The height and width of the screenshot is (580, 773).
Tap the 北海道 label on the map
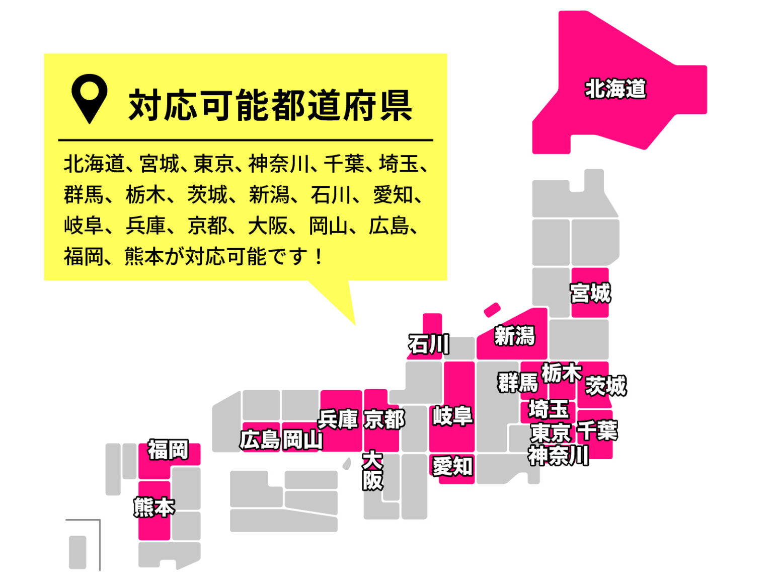coord(615,89)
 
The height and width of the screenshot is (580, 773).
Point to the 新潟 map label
coord(514,336)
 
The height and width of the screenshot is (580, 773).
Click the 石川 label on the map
coord(429,344)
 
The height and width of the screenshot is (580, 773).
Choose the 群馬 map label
coord(518,383)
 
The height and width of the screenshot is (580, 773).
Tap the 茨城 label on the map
coord(606,386)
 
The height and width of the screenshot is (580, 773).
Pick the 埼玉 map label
coord(549,409)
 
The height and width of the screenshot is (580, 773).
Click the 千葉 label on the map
coord(597,430)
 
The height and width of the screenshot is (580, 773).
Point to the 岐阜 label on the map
coord(452,416)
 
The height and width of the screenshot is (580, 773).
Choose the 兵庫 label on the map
coord(338,419)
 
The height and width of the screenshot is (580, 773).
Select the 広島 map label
coord(260,440)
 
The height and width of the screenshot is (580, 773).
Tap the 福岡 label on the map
coord(168,450)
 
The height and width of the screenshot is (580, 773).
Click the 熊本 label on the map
coord(154,507)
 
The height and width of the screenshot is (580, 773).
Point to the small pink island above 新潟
coord(492,310)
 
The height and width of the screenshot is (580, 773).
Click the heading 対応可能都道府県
coord(270,105)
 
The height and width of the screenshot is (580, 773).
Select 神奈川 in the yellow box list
coord(278,164)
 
